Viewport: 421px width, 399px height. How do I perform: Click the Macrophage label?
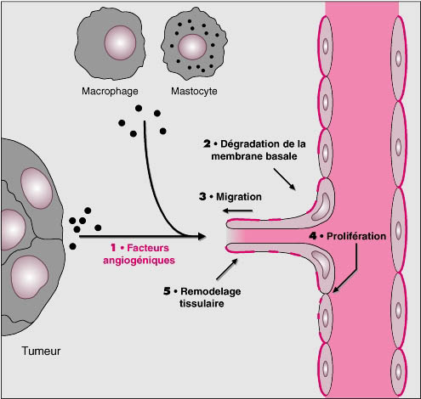coord(110,92)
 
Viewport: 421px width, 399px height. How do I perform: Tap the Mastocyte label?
coord(194,91)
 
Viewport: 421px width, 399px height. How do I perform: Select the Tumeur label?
coord(41,351)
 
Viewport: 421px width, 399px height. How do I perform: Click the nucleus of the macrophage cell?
coord(120,42)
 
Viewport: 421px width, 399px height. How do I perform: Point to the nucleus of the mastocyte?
coord(192,47)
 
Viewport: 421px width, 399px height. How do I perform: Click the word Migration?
coord(239,197)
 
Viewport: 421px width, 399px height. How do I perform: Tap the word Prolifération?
coord(356,236)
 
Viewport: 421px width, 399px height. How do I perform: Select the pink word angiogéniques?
coord(139,261)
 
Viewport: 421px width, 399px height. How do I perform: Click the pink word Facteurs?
coord(148,248)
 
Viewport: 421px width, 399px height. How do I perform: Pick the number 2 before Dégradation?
coord(207,143)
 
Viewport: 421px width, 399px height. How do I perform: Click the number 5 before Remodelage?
coord(167,291)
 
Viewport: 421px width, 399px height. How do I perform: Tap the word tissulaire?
coord(202,303)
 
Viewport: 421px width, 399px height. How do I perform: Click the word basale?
coord(282,156)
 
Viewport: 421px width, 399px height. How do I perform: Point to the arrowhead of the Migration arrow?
coord(226,211)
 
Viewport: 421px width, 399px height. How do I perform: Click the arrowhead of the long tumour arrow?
coord(201,236)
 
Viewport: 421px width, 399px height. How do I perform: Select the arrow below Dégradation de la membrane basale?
coord(284,179)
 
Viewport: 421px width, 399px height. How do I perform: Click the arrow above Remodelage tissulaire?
coord(227,269)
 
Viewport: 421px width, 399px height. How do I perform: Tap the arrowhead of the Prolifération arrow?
coord(336,289)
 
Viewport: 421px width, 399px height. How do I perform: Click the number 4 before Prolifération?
coord(313,236)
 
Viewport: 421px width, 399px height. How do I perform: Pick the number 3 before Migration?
coord(202,196)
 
